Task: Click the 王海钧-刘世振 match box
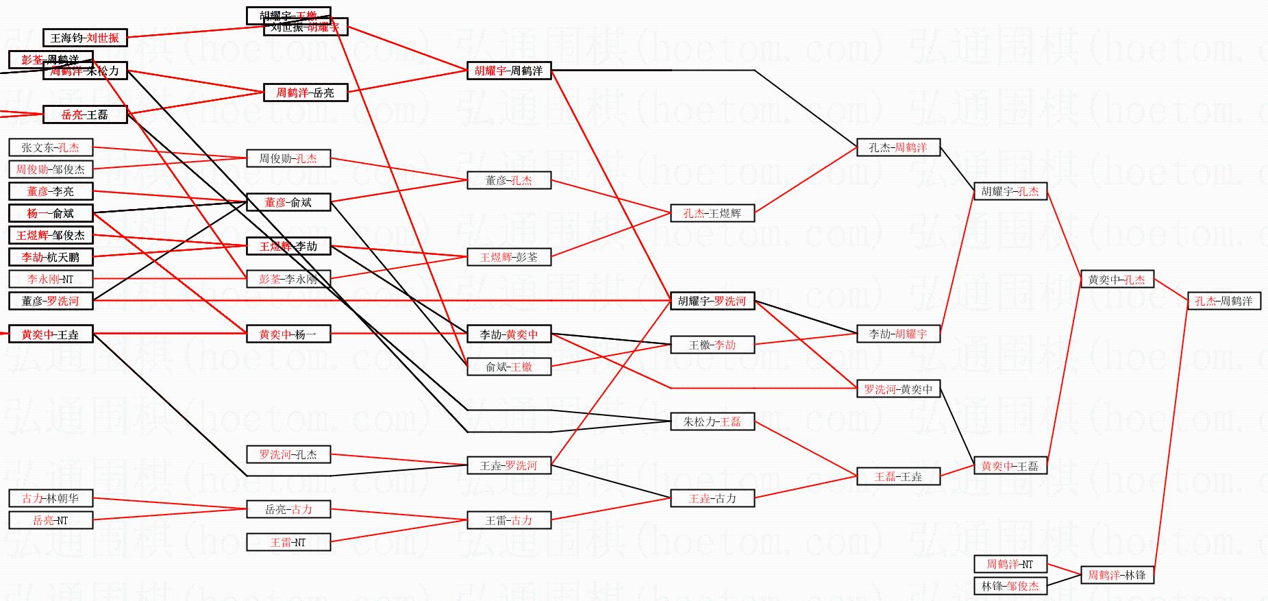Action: [85, 38]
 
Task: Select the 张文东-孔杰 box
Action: [51, 147]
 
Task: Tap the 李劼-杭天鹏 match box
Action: [51, 257]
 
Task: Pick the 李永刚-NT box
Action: [51, 279]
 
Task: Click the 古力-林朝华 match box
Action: [51, 498]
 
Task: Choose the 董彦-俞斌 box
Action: [288, 202]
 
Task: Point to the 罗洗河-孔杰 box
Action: [288, 454]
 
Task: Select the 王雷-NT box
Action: [288, 542]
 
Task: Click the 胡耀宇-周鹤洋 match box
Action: [509, 71]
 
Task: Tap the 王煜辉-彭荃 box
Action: [509, 257]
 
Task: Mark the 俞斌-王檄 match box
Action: [509, 367]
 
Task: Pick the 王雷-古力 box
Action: [509, 520]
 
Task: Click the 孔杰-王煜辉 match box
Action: [712, 213]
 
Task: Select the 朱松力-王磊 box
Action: [712, 421]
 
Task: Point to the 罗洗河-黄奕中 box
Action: [898, 389]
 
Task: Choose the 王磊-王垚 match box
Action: [898, 476]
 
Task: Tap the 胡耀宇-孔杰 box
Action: [1010, 191]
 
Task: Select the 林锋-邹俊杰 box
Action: [1010, 586]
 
